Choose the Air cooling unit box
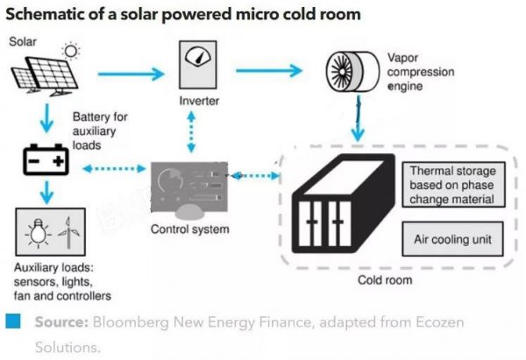[x=452, y=238]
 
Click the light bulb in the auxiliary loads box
[x=36, y=232]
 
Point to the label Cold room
[x=386, y=280]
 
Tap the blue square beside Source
[x=14, y=321]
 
